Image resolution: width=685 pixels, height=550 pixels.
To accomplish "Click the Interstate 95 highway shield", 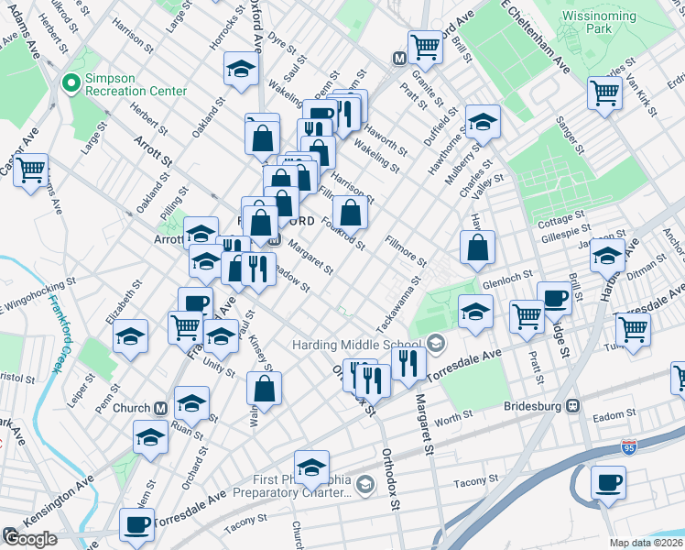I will click(x=628, y=445).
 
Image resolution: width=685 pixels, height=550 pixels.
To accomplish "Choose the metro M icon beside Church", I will click(x=160, y=408).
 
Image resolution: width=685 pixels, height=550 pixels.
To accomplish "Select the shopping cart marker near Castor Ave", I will click(x=30, y=170).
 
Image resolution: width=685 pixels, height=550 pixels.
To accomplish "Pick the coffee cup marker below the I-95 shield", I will click(x=608, y=483).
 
